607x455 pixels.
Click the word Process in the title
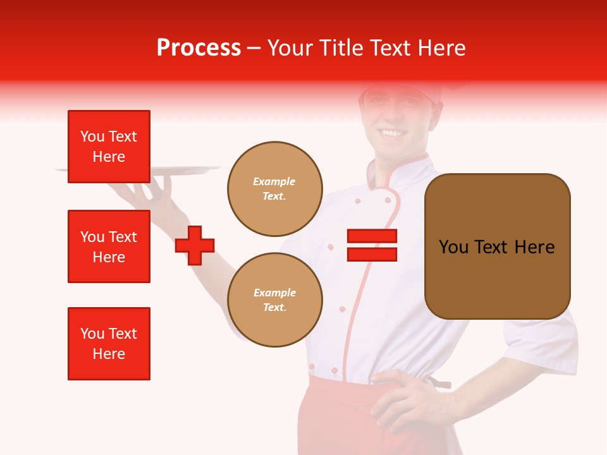tap(199, 48)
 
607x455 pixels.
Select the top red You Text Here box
tap(109, 147)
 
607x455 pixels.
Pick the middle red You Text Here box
tap(109, 246)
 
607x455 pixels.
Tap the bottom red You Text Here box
tap(109, 343)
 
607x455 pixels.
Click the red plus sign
tap(195, 245)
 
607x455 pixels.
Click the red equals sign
tap(372, 245)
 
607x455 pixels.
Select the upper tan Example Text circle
tap(274, 189)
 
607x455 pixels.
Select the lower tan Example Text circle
tap(274, 300)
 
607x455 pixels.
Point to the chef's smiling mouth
tap(392, 133)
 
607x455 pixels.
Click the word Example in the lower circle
tap(274, 293)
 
